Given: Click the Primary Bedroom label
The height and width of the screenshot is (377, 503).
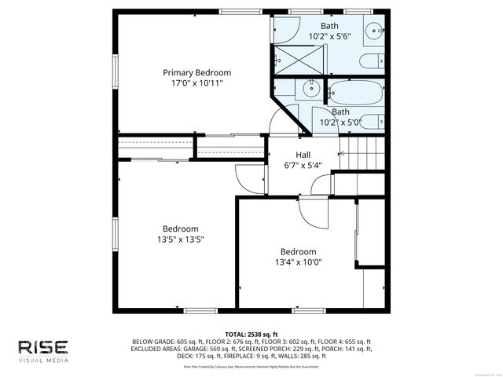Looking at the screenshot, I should tap(196, 72).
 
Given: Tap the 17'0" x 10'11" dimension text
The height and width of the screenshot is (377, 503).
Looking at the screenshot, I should tap(196, 82).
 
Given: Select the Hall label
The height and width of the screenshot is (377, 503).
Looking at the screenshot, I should tap(303, 155).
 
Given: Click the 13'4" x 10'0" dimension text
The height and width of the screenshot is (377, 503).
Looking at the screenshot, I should tap(298, 262).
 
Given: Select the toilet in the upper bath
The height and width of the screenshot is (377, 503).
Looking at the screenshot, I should tap(370, 62).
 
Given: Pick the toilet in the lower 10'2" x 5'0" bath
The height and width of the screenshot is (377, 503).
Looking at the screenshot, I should tap(376, 123).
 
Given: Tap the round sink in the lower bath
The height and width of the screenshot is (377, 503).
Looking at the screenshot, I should tap(308, 89).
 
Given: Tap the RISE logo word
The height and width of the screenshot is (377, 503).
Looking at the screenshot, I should tap(43, 346).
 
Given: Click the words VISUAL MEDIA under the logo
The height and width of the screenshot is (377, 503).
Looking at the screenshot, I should tap(43, 361).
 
